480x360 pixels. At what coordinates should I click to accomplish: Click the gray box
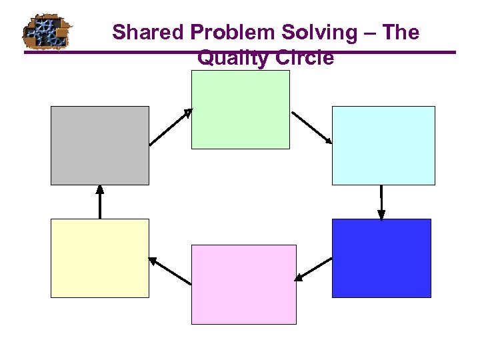pyautogui.click(x=100, y=145)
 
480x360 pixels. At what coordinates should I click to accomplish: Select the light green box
pyautogui.click(x=241, y=109)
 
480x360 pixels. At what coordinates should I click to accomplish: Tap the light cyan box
pyautogui.click(x=383, y=145)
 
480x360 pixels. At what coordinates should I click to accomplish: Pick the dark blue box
pyautogui.click(x=381, y=258)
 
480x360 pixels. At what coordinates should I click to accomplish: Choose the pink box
pyautogui.click(x=243, y=284)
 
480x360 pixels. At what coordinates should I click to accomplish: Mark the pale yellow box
pyautogui.click(x=100, y=258)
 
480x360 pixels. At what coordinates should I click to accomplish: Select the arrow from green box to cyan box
pyautogui.click(x=312, y=127)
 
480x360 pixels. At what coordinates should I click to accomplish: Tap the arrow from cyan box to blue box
pyautogui.click(x=381, y=202)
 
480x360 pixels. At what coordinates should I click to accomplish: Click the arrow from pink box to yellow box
pyautogui.click(x=169, y=271)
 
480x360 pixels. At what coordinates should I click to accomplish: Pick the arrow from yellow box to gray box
pyautogui.click(x=100, y=202)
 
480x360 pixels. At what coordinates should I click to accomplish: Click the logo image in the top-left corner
pyautogui.click(x=47, y=32)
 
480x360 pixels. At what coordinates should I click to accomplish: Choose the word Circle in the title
pyautogui.click(x=304, y=59)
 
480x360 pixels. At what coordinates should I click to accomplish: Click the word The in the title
pyautogui.click(x=401, y=32)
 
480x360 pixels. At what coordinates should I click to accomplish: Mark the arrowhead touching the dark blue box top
pyautogui.click(x=381, y=215)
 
